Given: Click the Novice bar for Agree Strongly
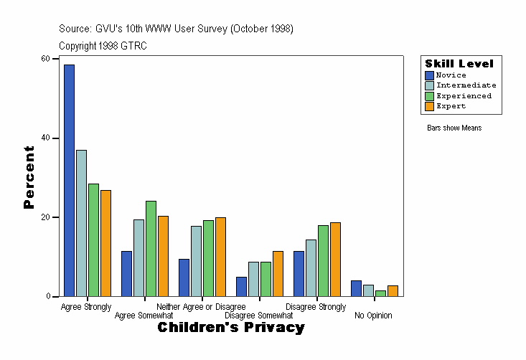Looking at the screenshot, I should [69, 180].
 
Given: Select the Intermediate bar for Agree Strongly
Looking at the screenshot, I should [81, 223].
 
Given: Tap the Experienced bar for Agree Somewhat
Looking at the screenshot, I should [151, 248].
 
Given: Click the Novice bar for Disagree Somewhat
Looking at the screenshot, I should [241, 287].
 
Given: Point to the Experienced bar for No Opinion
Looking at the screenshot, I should [380, 293].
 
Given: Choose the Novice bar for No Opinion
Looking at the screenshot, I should [356, 288].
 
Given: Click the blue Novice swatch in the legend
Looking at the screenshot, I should [429, 75].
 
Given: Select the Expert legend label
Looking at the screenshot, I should [451, 106].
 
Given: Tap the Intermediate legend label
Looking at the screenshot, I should [466, 85].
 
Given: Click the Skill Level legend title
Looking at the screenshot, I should [459, 64].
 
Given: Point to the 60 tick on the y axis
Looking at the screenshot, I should [55, 58].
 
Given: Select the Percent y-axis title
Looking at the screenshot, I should [29, 177].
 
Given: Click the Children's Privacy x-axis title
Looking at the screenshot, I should [231, 328].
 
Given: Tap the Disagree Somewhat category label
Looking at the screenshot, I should [258, 316].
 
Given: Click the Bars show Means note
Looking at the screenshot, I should [454, 128].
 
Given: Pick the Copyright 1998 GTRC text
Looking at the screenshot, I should [103, 46].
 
